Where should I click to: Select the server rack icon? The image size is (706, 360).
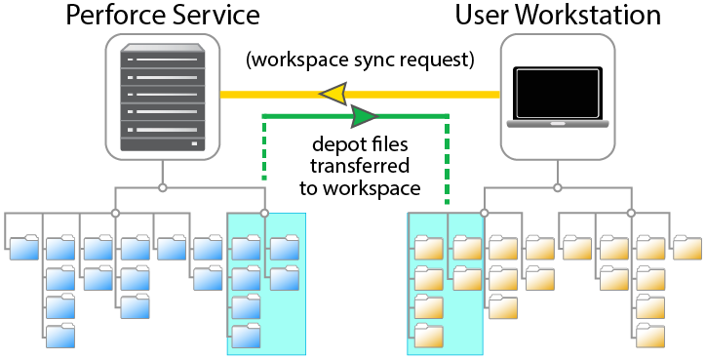[x=163, y=99]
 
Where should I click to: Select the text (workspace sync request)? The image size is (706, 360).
[x=360, y=60]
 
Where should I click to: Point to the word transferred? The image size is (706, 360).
[x=359, y=167]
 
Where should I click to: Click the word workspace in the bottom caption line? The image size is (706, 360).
[x=373, y=187]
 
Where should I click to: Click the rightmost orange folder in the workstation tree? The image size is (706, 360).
[x=686, y=248]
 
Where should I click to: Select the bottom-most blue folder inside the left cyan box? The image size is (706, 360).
[x=245, y=337]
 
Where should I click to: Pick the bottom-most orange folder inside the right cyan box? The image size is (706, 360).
[x=428, y=337]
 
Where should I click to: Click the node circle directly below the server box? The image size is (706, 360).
[x=163, y=186]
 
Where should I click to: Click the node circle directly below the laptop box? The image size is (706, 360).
[x=557, y=186]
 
